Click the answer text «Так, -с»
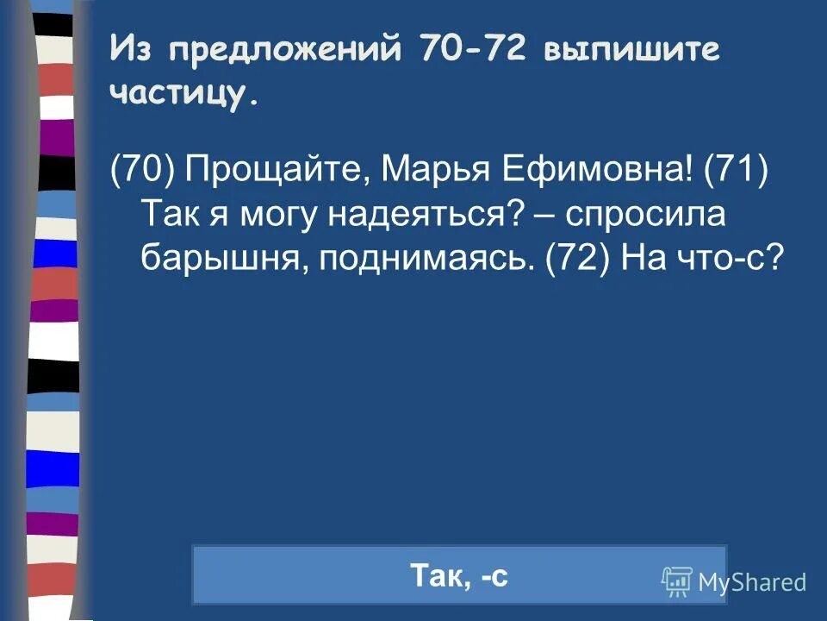[x=459, y=575]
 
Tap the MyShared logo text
[x=752, y=582]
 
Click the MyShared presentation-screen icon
[x=677, y=582]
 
